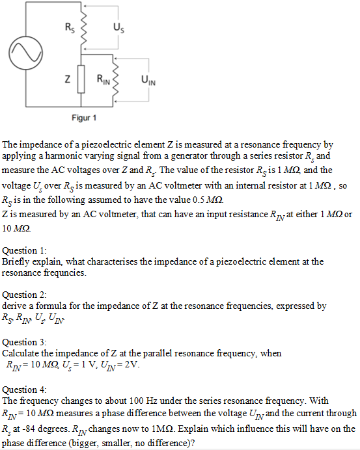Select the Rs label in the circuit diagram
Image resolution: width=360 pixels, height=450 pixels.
[x=70, y=27]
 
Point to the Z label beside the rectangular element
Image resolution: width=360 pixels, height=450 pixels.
[x=67, y=80]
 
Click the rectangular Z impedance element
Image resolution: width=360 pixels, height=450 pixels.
[x=81, y=81]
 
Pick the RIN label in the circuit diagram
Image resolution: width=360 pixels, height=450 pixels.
[x=104, y=80]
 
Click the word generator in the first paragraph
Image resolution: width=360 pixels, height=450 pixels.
[x=200, y=157]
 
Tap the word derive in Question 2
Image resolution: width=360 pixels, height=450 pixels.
[x=14, y=305]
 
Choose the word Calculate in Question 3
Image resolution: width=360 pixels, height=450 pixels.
[x=21, y=353]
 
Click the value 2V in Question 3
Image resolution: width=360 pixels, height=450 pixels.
[x=132, y=364]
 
